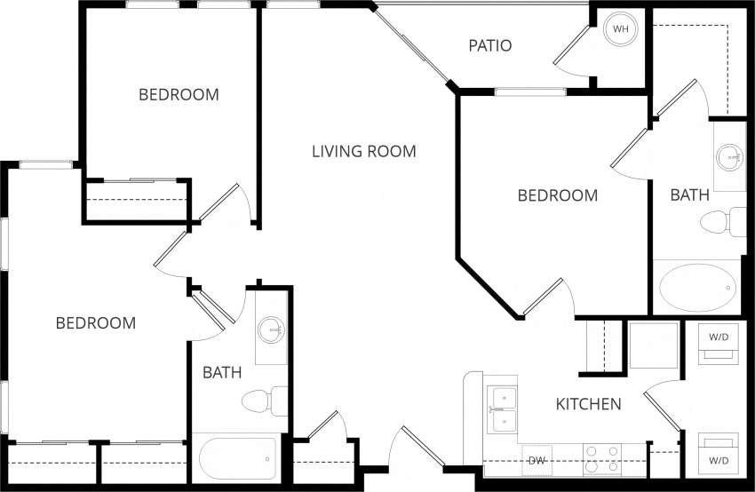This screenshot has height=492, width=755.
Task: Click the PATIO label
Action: pyautogui.click(x=490, y=45)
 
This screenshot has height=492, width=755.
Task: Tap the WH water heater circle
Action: pyautogui.click(x=621, y=29)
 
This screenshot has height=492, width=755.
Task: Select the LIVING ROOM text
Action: pyautogui.click(x=363, y=151)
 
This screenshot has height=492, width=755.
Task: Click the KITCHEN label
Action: pyautogui.click(x=588, y=405)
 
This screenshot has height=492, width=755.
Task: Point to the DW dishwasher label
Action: pyautogui.click(x=536, y=461)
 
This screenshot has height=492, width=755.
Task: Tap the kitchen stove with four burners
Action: pyautogui.click(x=601, y=459)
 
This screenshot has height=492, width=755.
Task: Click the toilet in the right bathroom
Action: pyautogui.click(x=723, y=221)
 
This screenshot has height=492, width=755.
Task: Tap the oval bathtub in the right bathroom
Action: pyautogui.click(x=697, y=288)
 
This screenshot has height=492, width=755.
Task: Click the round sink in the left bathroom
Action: pyautogui.click(x=270, y=331)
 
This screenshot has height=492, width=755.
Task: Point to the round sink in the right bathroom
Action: pyautogui.click(x=731, y=157)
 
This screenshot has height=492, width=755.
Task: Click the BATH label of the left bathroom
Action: pyautogui.click(x=222, y=373)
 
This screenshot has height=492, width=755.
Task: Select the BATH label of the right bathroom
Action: pyautogui.click(x=689, y=194)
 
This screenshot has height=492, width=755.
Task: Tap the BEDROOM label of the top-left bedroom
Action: pyautogui.click(x=179, y=94)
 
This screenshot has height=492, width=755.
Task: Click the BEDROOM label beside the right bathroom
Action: pyautogui.click(x=558, y=195)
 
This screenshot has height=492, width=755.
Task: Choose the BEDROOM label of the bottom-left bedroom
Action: pyautogui.click(x=96, y=323)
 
